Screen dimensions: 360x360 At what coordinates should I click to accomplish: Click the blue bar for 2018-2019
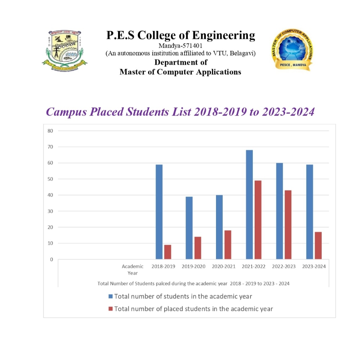coord(159,211)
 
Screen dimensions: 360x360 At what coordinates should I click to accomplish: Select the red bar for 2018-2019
coord(168,252)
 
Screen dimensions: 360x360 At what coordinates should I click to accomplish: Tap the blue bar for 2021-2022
coord(249,204)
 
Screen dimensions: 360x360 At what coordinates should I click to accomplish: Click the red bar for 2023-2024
coord(318,246)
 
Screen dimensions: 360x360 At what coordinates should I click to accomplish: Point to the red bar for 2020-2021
coord(228,245)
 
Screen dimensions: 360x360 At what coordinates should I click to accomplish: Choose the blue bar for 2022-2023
coord(279,211)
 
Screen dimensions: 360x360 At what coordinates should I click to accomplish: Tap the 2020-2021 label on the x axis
coord(224,267)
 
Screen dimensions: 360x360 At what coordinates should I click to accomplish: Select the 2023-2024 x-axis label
coord(314,267)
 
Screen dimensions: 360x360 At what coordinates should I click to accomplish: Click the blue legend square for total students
coord(111,297)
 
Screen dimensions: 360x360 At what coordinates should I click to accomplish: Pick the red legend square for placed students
coord(111,309)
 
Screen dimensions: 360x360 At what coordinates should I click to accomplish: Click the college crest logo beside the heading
coord(65,48)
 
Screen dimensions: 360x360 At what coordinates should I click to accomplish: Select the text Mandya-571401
coord(180,46)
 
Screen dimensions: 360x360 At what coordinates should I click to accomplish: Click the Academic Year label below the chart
coord(133,270)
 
